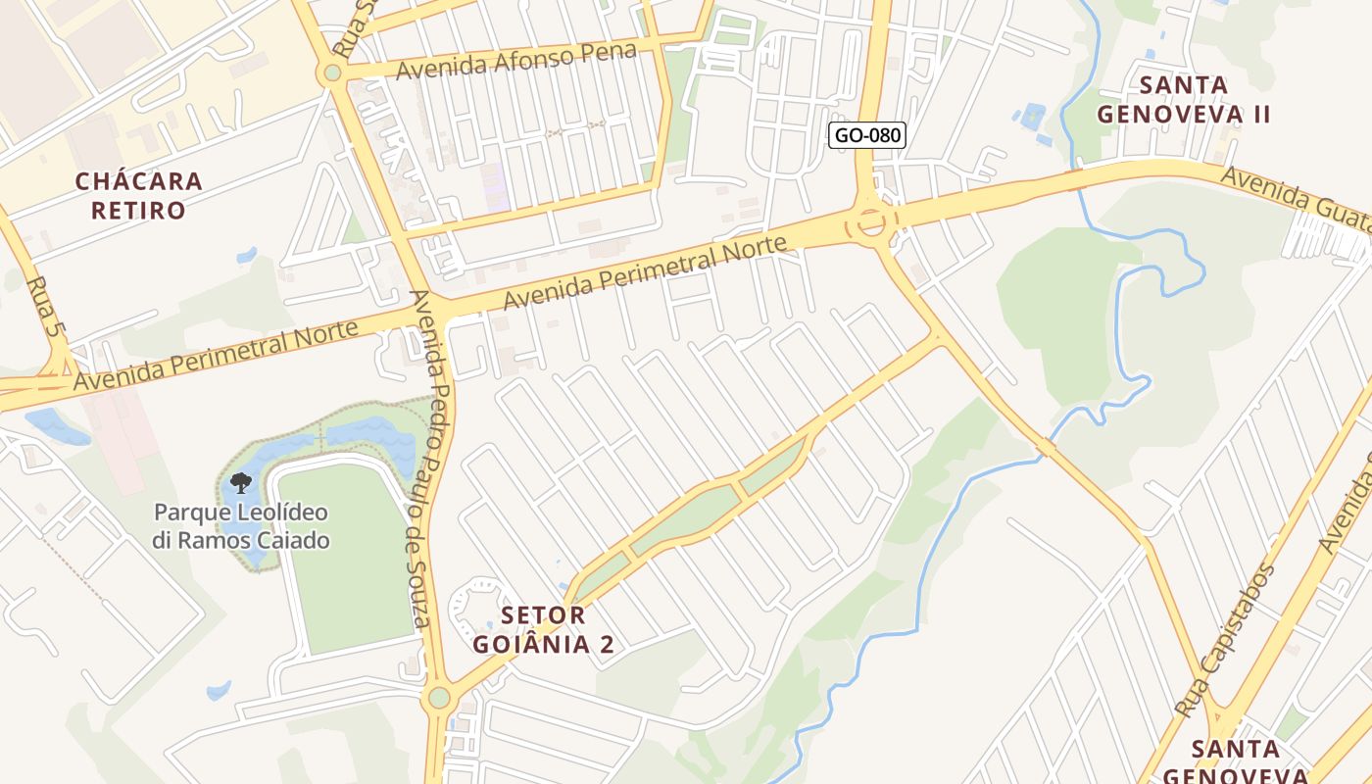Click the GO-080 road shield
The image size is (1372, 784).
click(866, 135)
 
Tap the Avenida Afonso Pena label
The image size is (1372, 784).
click(516, 60)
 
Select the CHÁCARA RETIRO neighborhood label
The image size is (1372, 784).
click(138, 195)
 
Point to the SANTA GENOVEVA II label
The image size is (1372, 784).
click(1183, 100)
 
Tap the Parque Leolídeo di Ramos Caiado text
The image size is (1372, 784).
click(240, 526)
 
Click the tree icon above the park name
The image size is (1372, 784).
click(240, 482)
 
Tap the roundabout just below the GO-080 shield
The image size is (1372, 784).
click(869, 224)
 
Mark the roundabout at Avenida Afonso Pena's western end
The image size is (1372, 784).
click(332, 73)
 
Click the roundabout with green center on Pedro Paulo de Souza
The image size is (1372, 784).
click(438, 698)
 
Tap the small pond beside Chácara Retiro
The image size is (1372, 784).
click(246, 256)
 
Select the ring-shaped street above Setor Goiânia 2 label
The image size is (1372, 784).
click(477, 602)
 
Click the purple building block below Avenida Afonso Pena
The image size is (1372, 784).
click(495, 186)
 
